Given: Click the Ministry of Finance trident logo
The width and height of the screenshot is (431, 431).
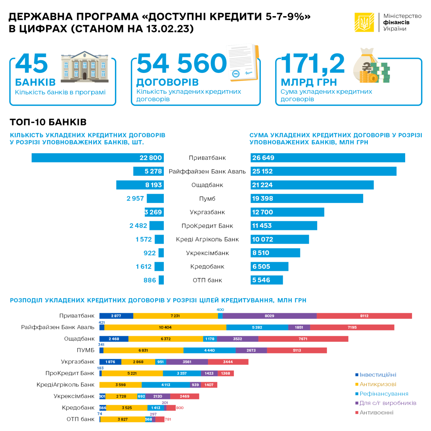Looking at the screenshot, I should click(364, 22).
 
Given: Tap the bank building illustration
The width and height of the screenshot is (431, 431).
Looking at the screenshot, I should click(85, 65).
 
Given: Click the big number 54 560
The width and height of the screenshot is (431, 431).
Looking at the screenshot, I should click(182, 63).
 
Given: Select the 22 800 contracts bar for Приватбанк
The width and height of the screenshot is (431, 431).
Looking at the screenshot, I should click(98, 158).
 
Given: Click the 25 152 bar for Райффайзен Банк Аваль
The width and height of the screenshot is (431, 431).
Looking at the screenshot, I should click(323, 171).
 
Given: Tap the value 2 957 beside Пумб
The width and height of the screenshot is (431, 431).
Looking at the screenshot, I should click(135, 199).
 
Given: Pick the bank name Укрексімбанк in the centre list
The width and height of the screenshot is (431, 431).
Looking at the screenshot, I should click(207, 253).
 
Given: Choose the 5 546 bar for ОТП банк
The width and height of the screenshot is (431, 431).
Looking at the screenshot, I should click(267, 280).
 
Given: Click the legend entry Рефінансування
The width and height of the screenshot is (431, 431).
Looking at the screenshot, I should click(384, 394).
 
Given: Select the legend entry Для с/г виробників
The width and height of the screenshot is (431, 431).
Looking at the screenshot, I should click(388, 403).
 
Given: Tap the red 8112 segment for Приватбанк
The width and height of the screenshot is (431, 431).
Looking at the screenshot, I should click(364, 316).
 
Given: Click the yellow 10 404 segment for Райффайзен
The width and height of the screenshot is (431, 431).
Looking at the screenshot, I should click(165, 328).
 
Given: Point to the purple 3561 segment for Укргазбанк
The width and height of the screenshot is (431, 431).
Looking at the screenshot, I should click(187, 362).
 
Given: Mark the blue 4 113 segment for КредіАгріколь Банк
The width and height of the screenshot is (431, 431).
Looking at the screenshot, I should click(166, 385).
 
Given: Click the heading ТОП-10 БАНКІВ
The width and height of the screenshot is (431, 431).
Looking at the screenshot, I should click(48, 122).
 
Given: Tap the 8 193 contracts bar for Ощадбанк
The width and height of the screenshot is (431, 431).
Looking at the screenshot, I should click(140, 185).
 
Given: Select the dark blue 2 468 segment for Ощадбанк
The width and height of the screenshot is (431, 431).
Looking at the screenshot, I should click(114, 339).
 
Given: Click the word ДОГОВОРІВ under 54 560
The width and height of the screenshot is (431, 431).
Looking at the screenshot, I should click(167, 82).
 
